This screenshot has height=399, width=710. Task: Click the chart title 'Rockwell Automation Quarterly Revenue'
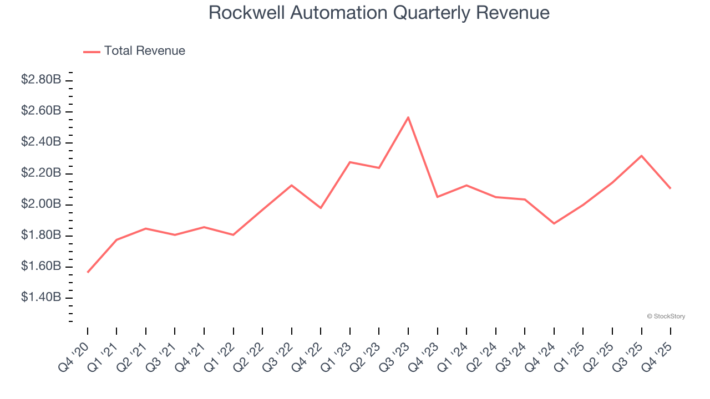379,13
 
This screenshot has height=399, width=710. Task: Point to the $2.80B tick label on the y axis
41,80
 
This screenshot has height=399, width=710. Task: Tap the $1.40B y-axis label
41,298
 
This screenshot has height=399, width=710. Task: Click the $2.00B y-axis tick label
41,204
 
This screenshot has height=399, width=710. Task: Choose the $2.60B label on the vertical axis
41,111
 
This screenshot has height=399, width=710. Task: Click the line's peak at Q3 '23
408,117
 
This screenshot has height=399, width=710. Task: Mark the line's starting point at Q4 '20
88,272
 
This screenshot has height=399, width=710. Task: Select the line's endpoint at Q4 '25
670,188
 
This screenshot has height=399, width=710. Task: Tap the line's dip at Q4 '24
554,223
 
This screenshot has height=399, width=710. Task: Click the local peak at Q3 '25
641,156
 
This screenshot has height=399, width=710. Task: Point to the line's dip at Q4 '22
321,208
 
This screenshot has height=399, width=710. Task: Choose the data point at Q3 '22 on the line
292,185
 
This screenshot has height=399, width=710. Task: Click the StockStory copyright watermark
666,316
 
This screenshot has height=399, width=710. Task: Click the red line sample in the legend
92,52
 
